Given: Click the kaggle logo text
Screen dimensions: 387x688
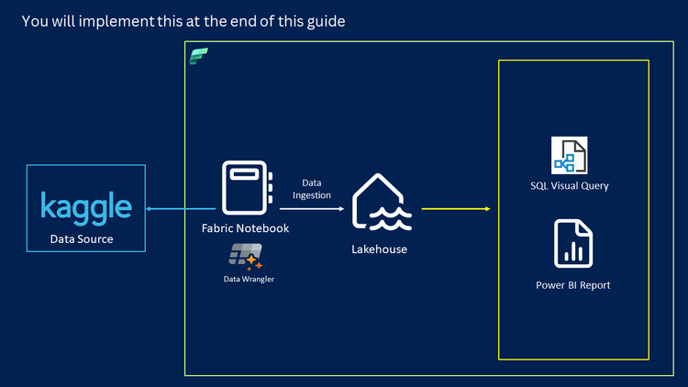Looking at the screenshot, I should [x=86, y=207].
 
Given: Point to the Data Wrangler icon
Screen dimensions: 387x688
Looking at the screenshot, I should [x=247, y=256].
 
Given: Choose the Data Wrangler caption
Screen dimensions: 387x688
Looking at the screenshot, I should [x=248, y=279].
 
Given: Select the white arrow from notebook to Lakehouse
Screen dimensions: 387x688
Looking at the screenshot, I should [x=312, y=208].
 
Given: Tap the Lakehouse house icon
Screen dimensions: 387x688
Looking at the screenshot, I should [x=380, y=203].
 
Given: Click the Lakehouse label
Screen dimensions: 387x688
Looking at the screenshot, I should [x=379, y=249].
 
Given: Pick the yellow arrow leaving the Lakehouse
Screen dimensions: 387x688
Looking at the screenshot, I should [x=455, y=208].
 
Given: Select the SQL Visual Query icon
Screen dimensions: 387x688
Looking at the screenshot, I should [x=569, y=155].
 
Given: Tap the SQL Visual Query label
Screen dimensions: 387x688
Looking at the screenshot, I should [x=570, y=185].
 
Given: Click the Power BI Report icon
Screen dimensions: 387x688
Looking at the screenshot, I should [x=572, y=243].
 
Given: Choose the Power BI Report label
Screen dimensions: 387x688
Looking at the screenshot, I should [x=572, y=285].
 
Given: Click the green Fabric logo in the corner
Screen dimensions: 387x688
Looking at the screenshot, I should [x=199, y=56].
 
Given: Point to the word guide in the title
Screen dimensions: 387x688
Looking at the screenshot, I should [x=327, y=20].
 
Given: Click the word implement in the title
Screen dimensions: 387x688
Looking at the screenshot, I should [x=121, y=20].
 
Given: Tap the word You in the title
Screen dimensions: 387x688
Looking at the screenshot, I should [x=33, y=20].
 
